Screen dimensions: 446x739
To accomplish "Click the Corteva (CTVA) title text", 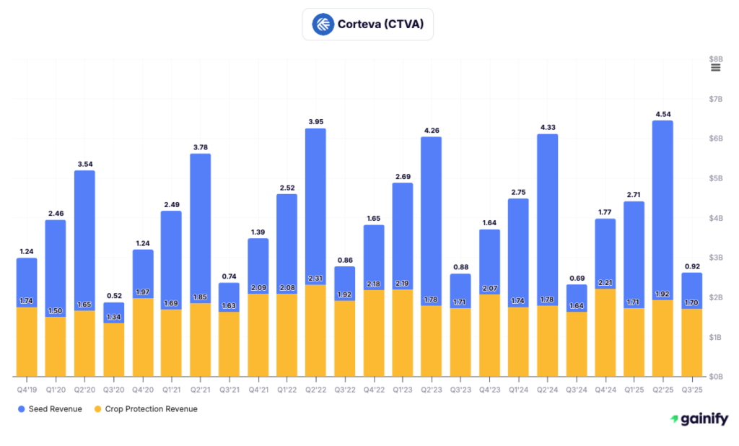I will (380, 25).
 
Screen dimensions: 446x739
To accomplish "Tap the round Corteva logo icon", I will (323, 25).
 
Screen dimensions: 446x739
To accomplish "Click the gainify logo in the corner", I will (699, 419).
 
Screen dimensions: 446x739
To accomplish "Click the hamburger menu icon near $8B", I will (715, 68).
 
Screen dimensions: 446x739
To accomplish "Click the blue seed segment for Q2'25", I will (663, 209).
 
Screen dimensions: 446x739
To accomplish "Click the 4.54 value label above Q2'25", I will (663, 113).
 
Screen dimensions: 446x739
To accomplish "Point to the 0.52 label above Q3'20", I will (113, 295).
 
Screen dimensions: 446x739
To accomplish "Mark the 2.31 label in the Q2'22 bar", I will (315, 278).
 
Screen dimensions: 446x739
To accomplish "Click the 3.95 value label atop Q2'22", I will (315, 121).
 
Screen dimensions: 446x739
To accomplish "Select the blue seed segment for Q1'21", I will (171, 260).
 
